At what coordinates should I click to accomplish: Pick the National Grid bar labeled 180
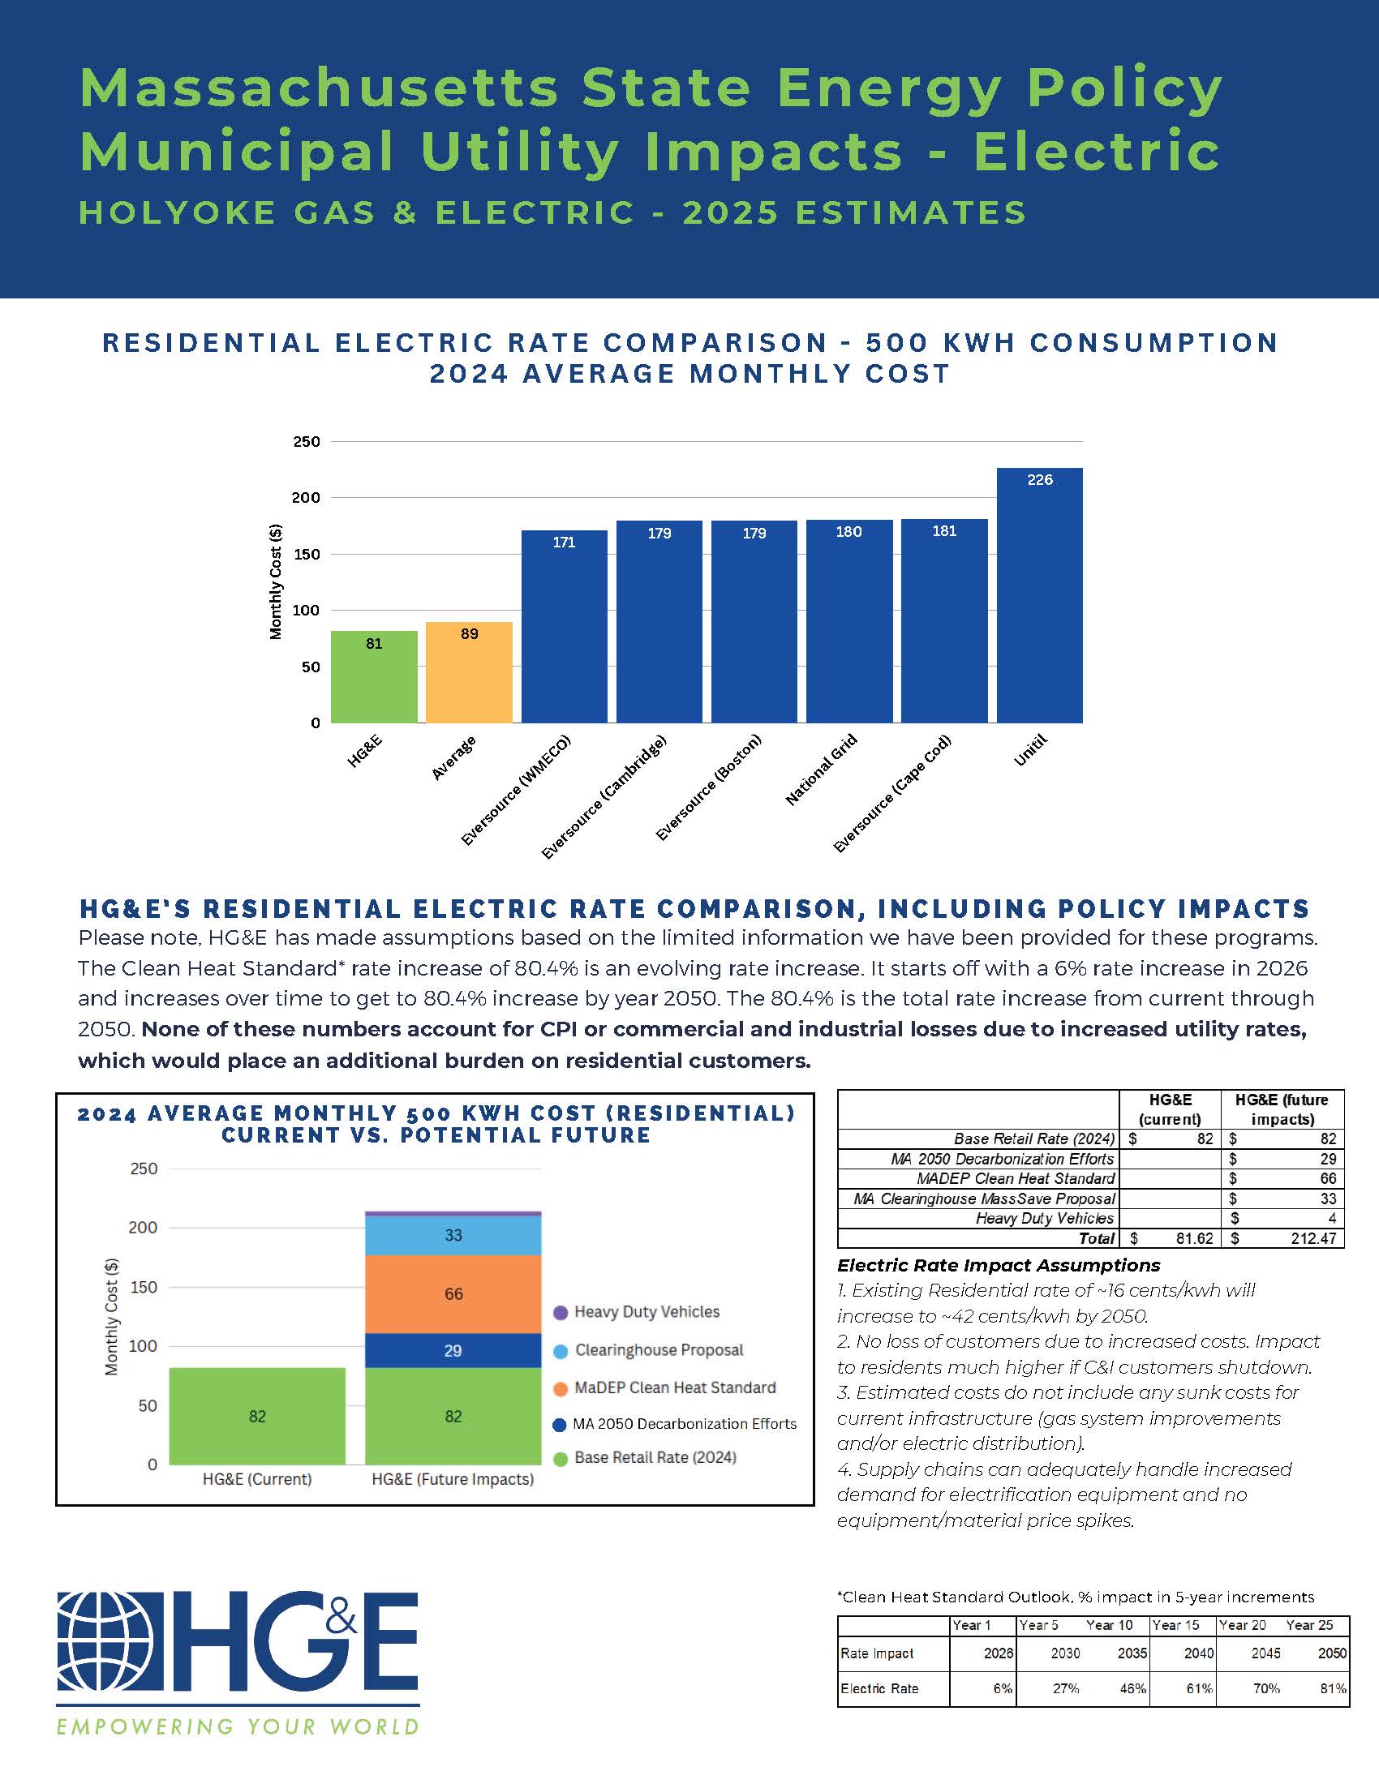(x=848, y=621)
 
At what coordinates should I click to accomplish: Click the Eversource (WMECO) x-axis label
(x=515, y=791)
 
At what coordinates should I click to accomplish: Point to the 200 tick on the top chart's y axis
(x=307, y=497)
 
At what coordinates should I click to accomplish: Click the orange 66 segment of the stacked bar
(x=453, y=1294)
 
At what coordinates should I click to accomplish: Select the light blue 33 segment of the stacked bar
(x=453, y=1235)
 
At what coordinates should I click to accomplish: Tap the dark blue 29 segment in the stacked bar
(x=453, y=1350)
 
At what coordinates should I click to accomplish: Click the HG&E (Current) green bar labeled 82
(x=256, y=1417)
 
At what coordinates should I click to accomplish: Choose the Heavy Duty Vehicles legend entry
(x=646, y=1312)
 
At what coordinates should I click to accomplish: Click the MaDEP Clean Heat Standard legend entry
(x=673, y=1387)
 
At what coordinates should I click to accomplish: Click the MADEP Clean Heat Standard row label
(x=1015, y=1179)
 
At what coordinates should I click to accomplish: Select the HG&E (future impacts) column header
(x=1282, y=1109)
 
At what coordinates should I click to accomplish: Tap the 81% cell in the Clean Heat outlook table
(x=1333, y=1688)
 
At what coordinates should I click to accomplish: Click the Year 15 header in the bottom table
(x=1175, y=1625)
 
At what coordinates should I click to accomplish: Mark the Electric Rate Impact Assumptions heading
(x=999, y=1265)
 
